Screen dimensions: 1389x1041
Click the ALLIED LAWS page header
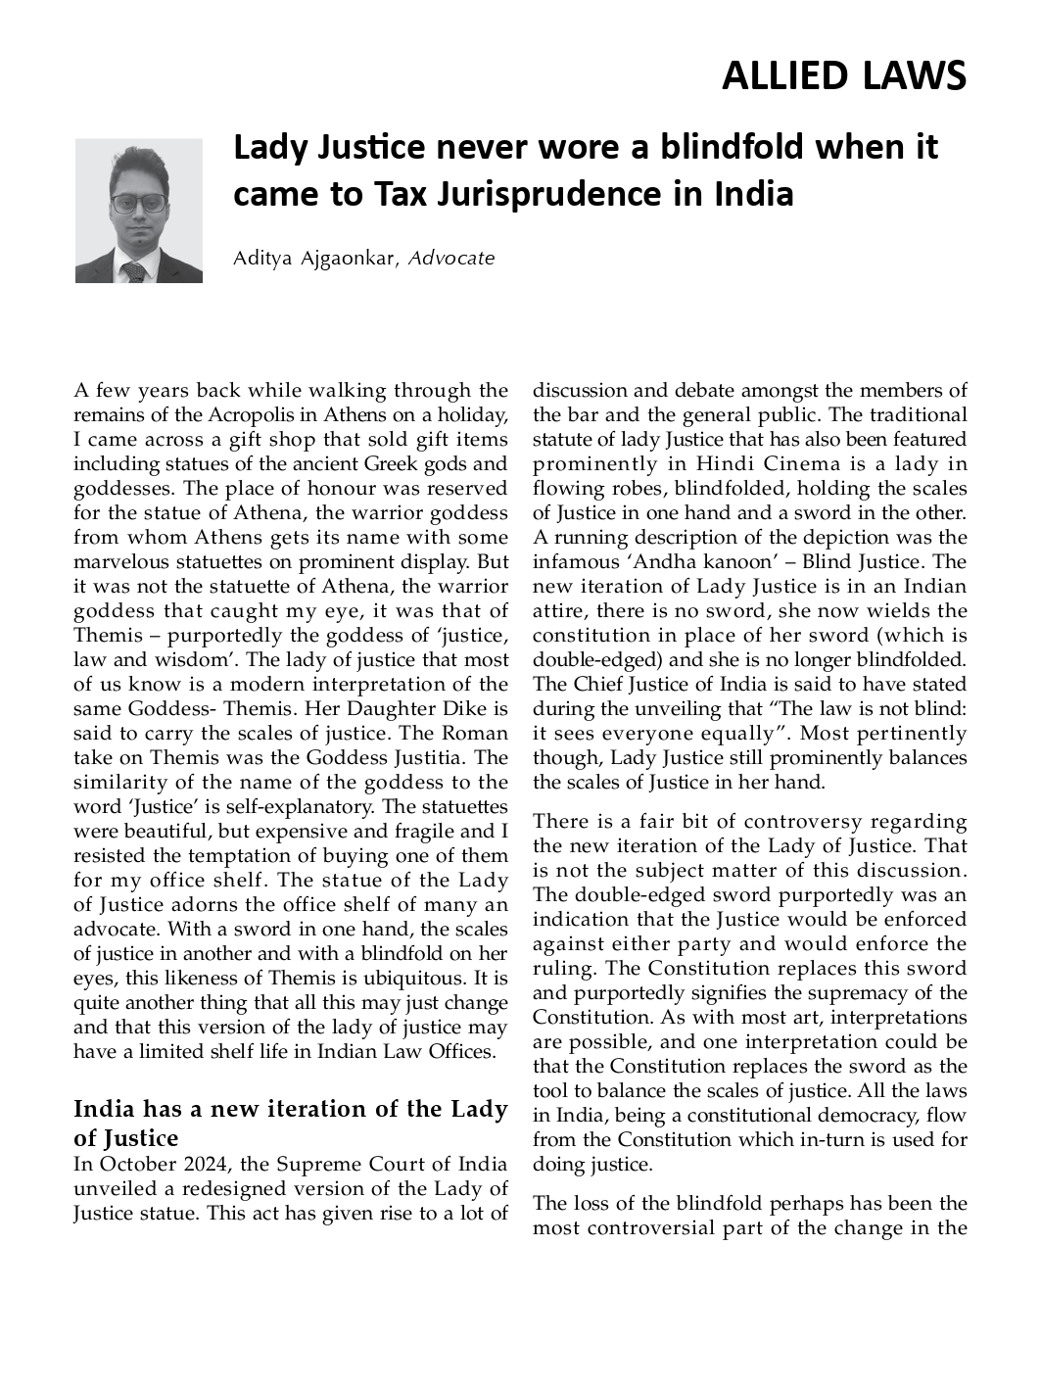pos(843,76)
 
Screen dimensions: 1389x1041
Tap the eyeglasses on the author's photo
pos(138,204)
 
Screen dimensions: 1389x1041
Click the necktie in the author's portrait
pos(134,270)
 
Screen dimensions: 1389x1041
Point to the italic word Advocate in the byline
pos(451,259)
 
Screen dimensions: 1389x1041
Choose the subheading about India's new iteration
pos(290,1123)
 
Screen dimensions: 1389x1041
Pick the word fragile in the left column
pos(409,831)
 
